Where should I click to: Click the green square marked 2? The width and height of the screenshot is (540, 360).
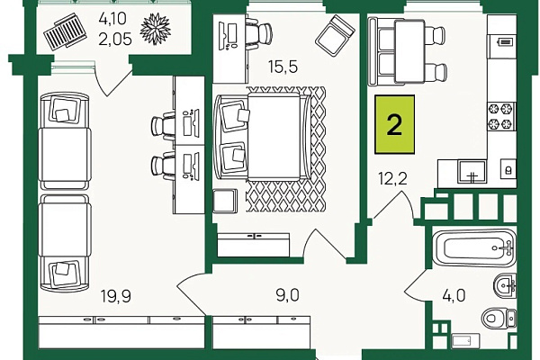pos(395,124)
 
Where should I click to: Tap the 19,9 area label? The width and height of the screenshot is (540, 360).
pos(116,296)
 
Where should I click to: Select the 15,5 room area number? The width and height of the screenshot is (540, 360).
pos(283,67)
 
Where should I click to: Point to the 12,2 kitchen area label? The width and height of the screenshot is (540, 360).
pos(392,178)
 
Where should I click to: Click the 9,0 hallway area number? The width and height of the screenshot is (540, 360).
pos(288,295)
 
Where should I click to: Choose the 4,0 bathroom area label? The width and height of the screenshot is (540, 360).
pos(454,295)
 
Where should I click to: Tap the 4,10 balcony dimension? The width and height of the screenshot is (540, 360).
pos(112,19)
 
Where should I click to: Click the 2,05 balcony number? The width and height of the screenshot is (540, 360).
pos(115,40)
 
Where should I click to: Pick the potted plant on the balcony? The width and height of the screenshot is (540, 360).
pos(156,29)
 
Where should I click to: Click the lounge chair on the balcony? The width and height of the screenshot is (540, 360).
pos(67,32)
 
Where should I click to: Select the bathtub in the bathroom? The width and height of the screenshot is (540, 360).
pos(474,247)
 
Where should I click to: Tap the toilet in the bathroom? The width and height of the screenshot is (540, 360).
pos(499,318)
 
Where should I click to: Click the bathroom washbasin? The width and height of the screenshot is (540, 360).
pos(505,285)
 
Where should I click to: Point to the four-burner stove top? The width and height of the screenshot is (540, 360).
pos(501,116)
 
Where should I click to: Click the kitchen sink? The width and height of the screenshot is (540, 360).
pos(472,172)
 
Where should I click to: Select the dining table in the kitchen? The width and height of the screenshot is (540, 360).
pos(409,51)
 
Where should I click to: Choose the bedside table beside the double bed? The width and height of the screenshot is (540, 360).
pos(225,200)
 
